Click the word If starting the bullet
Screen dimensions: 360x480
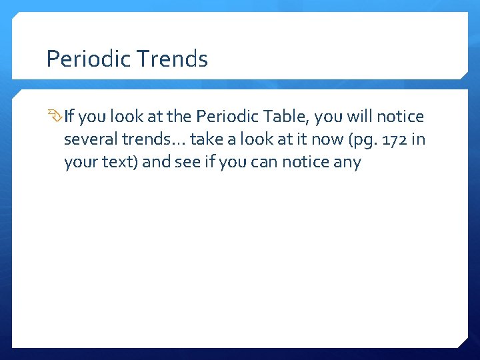click(69, 117)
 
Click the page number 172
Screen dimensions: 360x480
click(391, 140)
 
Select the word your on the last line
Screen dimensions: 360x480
click(79, 163)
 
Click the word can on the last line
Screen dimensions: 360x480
click(257, 163)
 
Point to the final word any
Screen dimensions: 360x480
click(347, 163)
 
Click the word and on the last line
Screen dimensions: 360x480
click(156, 163)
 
